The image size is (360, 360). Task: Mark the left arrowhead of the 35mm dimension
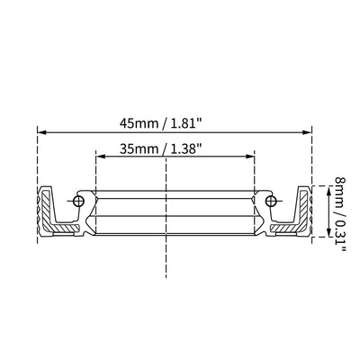tap(99, 155)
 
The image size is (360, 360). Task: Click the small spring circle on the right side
tap(266, 201)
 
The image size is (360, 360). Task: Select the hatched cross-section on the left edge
tap(47, 211)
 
